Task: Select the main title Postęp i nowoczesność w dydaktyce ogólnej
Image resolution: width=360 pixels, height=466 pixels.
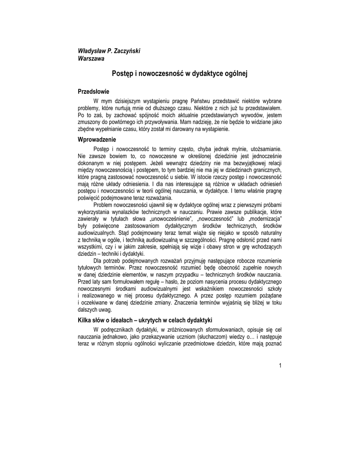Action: pos(180,73)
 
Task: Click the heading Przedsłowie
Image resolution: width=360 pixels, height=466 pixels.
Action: pos(94,91)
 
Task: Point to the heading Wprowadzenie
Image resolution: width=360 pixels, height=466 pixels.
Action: pos(97,139)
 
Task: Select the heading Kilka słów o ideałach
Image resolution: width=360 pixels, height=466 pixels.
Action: pos(145,320)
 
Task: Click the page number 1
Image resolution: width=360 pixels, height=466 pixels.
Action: pos(281,366)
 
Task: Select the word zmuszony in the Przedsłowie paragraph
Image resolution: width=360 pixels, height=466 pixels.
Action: pos(90,122)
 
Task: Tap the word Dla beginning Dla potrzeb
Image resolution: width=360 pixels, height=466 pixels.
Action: pos(98,261)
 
